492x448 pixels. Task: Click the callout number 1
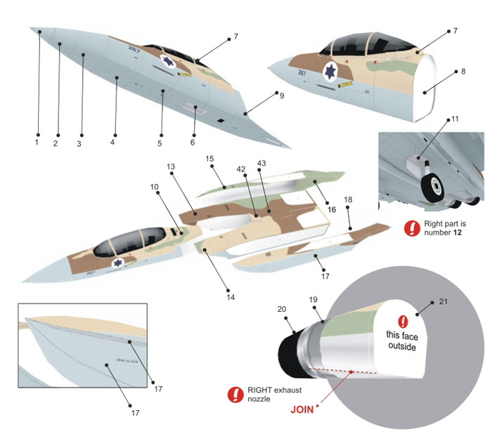[36, 142]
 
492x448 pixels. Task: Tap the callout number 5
[160, 143]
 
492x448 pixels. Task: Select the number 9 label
[281, 95]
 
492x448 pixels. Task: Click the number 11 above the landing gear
[455, 119]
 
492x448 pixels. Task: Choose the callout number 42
[240, 169]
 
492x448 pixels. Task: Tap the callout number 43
[261, 164]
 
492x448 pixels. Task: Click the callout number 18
[348, 199]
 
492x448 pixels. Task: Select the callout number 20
[281, 309]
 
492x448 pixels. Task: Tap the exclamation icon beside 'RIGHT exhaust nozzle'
[233, 395]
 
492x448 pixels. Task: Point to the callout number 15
[209, 159]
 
